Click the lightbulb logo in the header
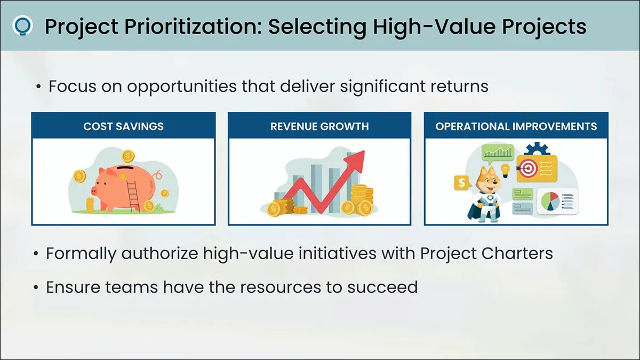[22, 26]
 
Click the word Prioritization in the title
[193, 27]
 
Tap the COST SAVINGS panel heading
[123, 126]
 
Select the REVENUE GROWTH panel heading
[319, 126]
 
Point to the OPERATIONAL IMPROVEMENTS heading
[516, 126]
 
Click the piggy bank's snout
[94, 190]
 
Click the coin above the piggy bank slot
[127, 156]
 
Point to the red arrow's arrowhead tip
[365, 151]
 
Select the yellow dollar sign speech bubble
[462, 182]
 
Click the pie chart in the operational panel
[550, 201]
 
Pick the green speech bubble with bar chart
[498, 154]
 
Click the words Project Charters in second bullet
[486, 253]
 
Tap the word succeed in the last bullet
[382, 287]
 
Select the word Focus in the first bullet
[73, 86]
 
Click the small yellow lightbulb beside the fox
[506, 171]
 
